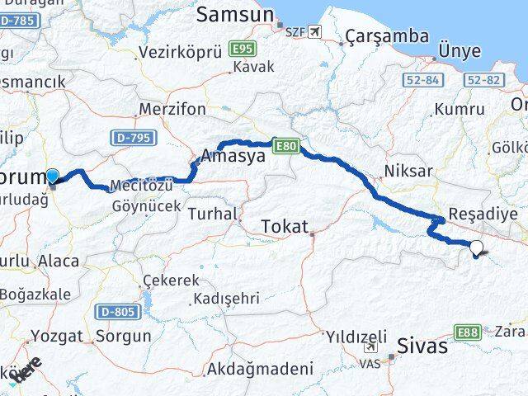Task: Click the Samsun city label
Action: click(236, 15)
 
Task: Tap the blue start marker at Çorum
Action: click(52, 176)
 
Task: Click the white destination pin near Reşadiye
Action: click(477, 246)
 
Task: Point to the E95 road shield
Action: click(243, 50)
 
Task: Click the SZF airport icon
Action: click(316, 33)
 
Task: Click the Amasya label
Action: click(234, 155)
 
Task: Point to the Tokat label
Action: click(285, 225)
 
